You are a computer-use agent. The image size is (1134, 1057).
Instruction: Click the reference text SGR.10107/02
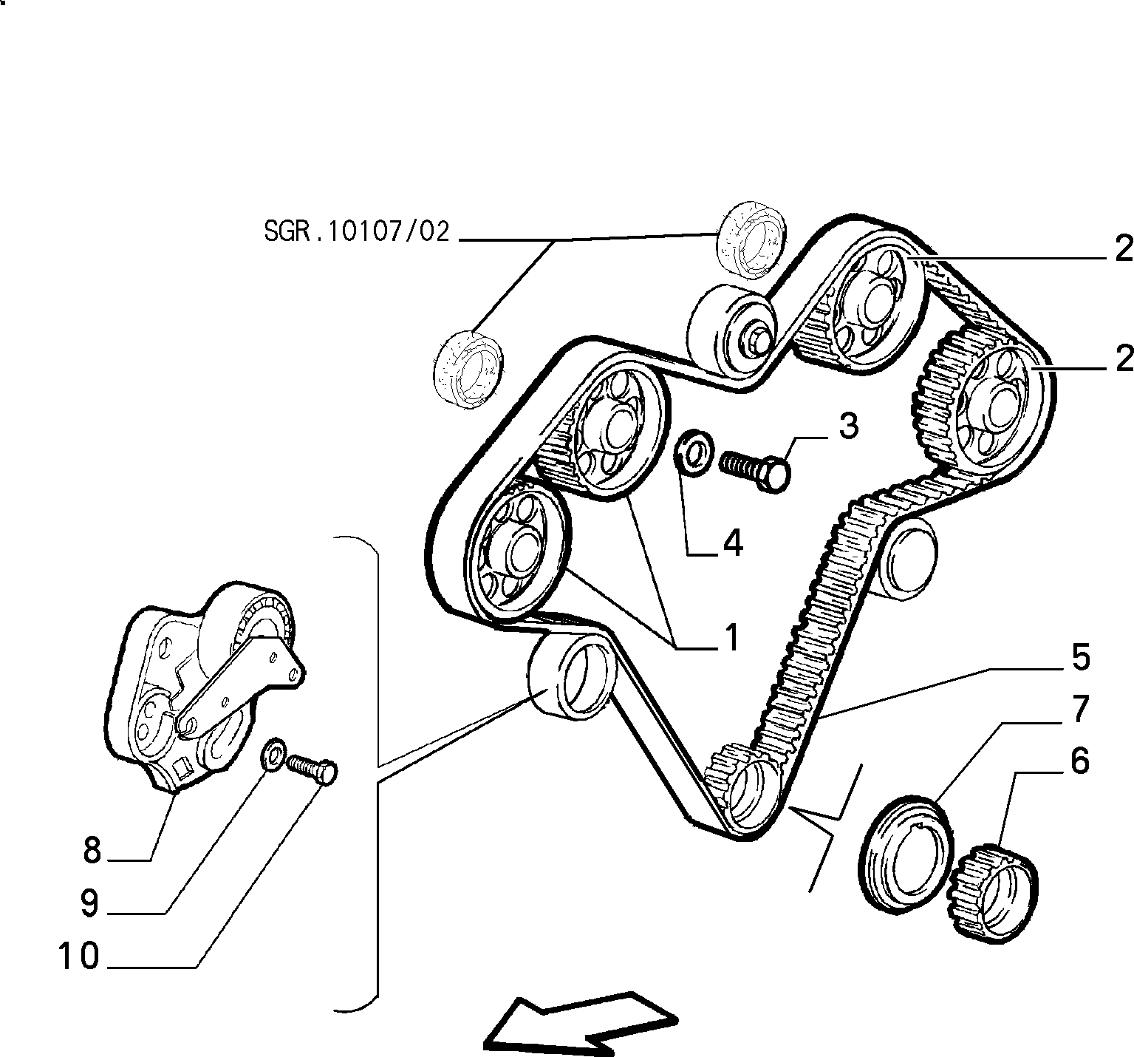pos(357,231)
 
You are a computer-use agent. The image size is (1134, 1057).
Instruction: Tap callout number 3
pos(847,426)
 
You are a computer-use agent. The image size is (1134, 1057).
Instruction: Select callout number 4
pos(732,543)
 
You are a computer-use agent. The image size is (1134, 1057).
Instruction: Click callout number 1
pos(731,637)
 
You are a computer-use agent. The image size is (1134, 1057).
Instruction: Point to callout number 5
pos(1081,657)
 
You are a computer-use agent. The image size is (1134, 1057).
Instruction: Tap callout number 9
pos(90,903)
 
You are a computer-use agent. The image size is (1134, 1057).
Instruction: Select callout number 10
pos(79,956)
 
